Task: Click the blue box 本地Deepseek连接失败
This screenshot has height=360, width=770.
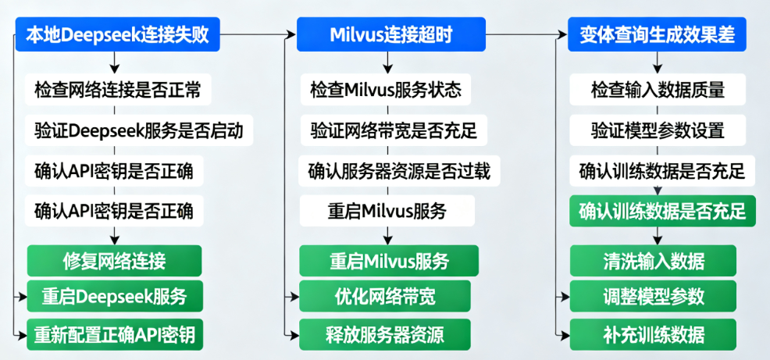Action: tap(116, 34)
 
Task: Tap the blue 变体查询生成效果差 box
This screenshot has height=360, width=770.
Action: tap(658, 34)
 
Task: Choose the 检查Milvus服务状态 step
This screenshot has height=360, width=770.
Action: tap(385, 90)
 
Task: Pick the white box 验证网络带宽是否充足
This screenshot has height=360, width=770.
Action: tap(393, 130)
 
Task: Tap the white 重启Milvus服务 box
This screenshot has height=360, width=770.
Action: tap(386, 210)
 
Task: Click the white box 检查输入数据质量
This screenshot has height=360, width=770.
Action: tap(658, 90)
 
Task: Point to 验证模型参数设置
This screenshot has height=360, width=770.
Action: tap(658, 130)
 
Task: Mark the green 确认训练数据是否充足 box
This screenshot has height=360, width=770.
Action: tap(662, 211)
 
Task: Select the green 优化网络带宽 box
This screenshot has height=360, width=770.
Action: tap(385, 297)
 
